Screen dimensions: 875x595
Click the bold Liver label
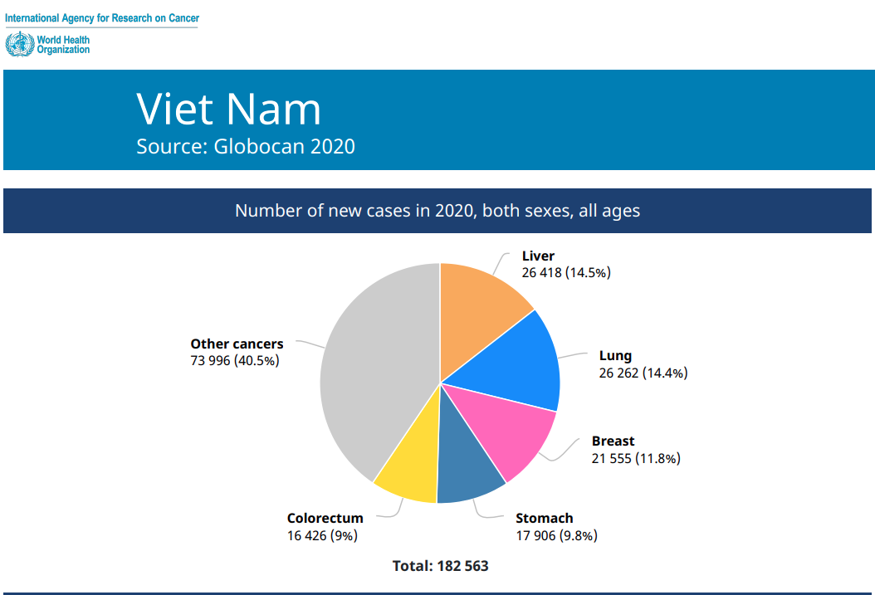[538, 256]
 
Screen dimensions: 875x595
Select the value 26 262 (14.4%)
[643, 373]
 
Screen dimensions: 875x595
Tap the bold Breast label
[613, 441]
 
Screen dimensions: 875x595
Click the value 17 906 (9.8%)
[556, 536]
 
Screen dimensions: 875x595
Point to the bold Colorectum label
[325, 518]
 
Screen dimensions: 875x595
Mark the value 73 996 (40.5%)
[234, 361]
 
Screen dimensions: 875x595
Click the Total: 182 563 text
[440, 566]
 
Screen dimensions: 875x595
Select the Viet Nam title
[229, 109]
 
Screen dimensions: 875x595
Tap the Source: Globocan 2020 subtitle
[246, 146]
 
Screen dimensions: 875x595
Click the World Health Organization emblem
[20, 44]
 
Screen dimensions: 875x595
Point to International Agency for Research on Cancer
[102, 18]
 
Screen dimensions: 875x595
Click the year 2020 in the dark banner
[454, 211]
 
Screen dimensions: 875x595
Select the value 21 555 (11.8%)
[636, 458]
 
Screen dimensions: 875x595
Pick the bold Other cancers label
[237, 344]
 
